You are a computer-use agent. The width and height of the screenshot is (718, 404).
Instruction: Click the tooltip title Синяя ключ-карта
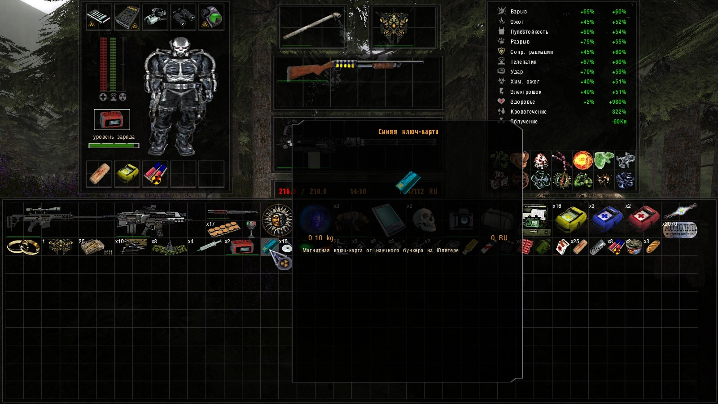pyautogui.click(x=408, y=132)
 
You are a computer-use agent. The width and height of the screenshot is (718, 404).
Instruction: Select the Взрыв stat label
pyautogui.click(x=518, y=12)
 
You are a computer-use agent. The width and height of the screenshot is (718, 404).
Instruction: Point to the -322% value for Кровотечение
pyautogui.click(x=618, y=112)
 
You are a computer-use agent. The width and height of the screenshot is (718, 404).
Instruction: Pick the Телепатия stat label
pyautogui.click(x=523, y=62)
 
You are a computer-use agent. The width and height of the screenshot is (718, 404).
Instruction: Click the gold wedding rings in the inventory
pyautogui.click(x=23, y=246)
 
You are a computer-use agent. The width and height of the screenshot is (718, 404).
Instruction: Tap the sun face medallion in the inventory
pyautogui.click(x=277, y=220)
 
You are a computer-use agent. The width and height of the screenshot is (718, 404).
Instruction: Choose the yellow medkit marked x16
pyautogui.click(x=570, y=219)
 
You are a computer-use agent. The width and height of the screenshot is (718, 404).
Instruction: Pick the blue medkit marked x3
pyautogui.click(x=607, y=219)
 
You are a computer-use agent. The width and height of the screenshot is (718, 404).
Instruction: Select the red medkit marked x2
pyautogui.click(x=643, y=218)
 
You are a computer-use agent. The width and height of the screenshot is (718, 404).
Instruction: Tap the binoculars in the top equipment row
pyautogui.click(x=183, y=17)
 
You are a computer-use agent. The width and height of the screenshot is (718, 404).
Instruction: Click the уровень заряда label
pyautogui.click(x=114, y=137)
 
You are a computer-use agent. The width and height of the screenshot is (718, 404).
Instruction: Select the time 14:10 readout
pyautogui.click(x=358, y=191)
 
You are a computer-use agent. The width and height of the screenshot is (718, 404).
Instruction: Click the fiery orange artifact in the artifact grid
pyautogui.click(x=582, y=160)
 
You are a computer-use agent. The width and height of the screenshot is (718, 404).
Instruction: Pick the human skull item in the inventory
pyautogui.click(x=424, y=220)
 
